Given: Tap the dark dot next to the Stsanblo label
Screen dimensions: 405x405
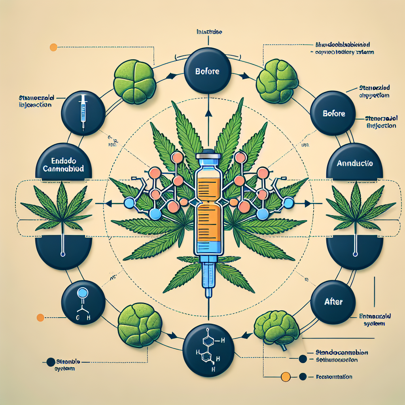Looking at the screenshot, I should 50,361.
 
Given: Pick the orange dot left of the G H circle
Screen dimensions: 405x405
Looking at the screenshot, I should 40,317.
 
